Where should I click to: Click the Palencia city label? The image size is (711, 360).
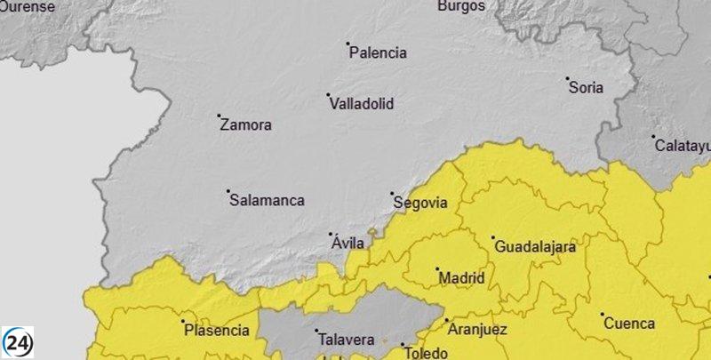378,53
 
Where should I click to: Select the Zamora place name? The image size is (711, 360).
245,125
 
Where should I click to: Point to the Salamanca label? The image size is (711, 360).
267,201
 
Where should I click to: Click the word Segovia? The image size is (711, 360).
420,203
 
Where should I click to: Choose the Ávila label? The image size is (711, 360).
348,243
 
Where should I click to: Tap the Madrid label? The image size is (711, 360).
462,278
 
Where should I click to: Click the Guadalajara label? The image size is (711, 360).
535,247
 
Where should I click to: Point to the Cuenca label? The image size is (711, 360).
629,324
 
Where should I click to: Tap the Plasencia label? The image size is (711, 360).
216,331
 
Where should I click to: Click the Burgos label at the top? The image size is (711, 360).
461,6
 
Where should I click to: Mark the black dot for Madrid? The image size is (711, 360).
437,268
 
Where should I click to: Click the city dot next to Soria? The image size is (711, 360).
568,78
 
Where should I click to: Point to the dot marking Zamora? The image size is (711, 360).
220,116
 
